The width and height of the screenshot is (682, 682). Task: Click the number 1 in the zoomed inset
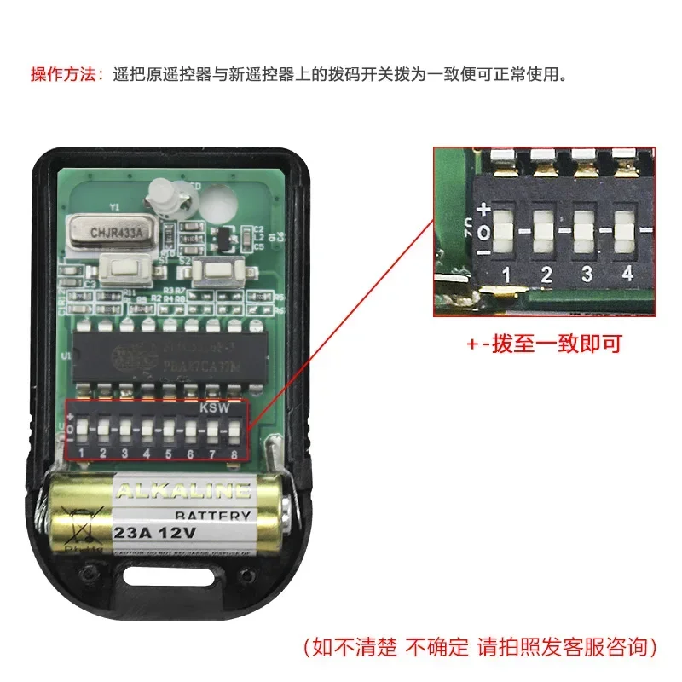click(x=506, y=275)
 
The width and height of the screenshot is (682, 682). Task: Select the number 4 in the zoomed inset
click(x=627, y=275)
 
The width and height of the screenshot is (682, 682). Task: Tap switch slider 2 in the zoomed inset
click(x=544, y=229)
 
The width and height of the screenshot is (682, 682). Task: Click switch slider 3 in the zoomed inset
click(x=585, y=228)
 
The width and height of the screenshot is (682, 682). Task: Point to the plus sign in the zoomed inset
click(x=484, y=208)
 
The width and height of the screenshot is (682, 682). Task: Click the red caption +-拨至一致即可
click(x=544, y=344)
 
